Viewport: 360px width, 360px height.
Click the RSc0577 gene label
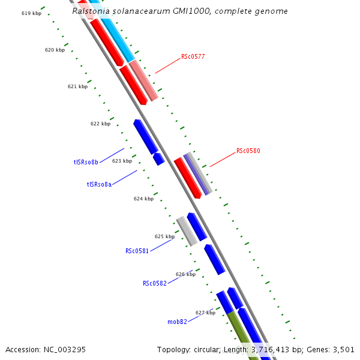tap(193, 57)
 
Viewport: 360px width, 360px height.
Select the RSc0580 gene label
tap(248, 151)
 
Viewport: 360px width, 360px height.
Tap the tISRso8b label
tap(86, 162)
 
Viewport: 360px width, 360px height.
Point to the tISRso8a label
tap(99, 184)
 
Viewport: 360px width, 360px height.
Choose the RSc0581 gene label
tap(137, 251)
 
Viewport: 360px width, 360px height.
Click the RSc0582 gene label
tap(154, 283)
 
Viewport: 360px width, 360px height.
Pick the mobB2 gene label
tap(177, 322)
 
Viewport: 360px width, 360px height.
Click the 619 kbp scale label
tap(31, 13)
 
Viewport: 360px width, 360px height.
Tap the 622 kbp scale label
tap(100, 124)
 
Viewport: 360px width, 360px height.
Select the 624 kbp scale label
tap(143, 199)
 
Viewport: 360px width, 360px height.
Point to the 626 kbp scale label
tap(185, 274)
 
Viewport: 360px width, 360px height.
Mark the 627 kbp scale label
tap(205, 313)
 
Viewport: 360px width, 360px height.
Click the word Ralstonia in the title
tap(89, 11)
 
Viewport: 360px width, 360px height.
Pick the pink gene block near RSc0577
tap(143, 80)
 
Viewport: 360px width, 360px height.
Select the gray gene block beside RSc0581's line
tap(187, 231)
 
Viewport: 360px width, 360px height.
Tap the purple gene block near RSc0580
tap(197, 174)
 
